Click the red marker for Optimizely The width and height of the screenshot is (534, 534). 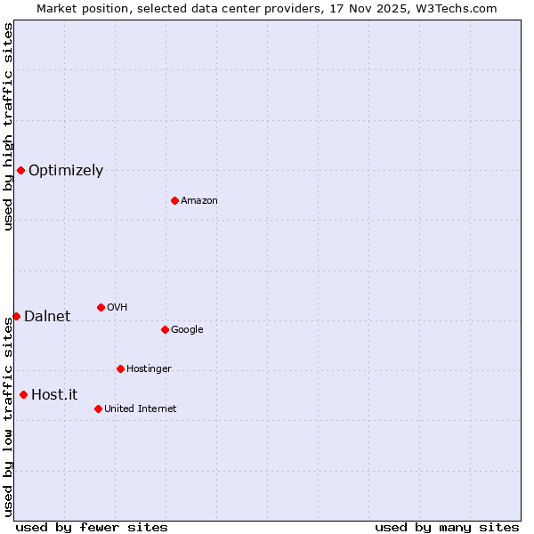[20, 170]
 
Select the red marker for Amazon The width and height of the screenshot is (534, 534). [174, 200]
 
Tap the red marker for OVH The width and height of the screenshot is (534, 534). [101, 307]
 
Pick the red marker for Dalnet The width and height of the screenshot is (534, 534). [16, 316]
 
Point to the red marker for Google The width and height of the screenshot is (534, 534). [165, 329]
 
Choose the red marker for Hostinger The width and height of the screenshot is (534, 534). [120, 368]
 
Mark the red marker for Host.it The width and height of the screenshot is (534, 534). [23, 394]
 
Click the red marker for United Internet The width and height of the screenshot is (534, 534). [98, 409]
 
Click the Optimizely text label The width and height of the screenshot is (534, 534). [66, 171]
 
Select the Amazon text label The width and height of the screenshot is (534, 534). [199, 201]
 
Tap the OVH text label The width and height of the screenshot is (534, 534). [117, 308]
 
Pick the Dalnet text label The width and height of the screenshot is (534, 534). [47, 317]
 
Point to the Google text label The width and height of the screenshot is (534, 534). [187, 330]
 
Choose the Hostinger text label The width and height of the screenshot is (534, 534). [149, 369]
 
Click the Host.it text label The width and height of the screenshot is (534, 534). [54, 395]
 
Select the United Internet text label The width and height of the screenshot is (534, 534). [141, 409]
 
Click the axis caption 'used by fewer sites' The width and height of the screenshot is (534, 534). [92, 527]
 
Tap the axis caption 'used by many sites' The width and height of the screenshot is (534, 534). [447, 527]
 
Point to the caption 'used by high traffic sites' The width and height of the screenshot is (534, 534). [9, 126]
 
